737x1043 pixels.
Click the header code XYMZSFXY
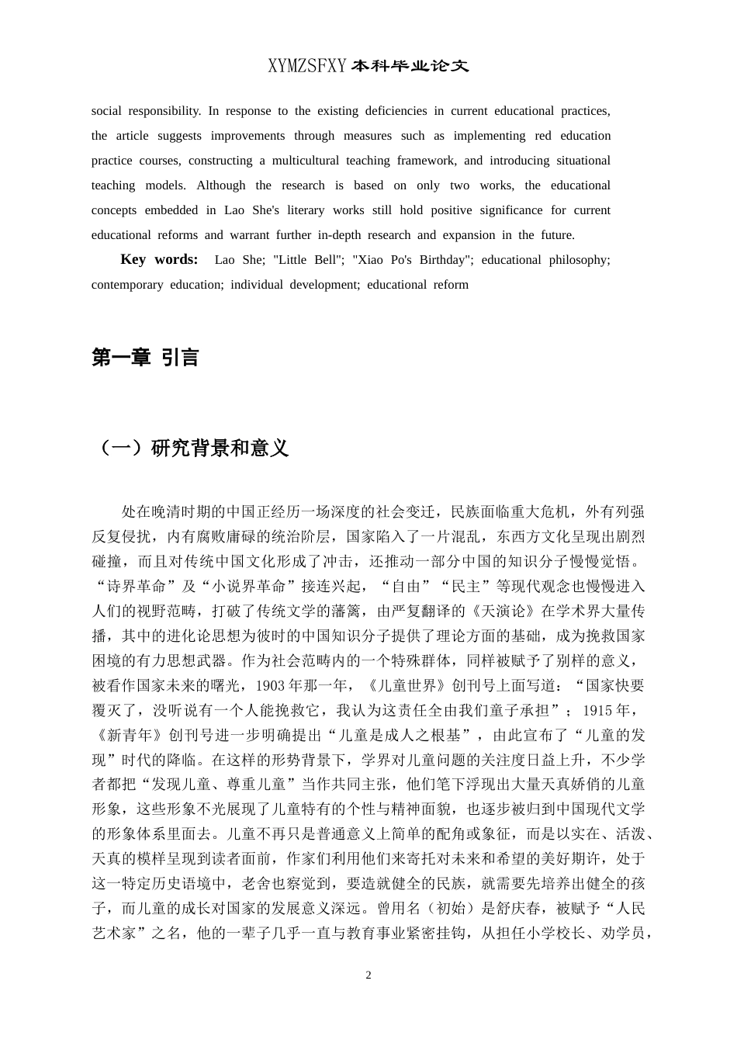[x=308, y=67]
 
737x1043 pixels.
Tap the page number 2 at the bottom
[x=368, y=975]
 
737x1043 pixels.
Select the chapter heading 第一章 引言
[x=145, y=358]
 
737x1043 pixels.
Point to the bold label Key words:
[x=159, y=260]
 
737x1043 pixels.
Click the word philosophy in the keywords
[x=580, y=260]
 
